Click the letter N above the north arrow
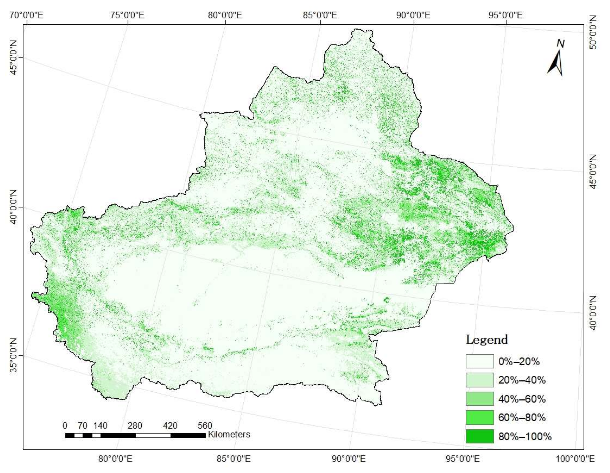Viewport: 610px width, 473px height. (560, 44)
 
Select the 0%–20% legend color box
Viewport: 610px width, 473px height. (479, 361)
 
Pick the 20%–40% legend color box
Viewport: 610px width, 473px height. (479, 380)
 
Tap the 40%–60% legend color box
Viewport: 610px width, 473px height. (479, 399)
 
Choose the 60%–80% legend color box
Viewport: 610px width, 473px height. (479, 417)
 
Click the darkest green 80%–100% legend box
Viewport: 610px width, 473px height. (479, 436)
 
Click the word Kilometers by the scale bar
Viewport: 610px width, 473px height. (229, 435)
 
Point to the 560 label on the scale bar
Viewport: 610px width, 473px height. (205, 426)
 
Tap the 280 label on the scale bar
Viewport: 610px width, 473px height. (135, 426)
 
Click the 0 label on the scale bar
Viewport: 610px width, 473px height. (65, 426)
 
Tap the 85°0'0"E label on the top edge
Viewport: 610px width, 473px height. (320, 15)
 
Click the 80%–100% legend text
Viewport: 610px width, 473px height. (525, 436)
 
